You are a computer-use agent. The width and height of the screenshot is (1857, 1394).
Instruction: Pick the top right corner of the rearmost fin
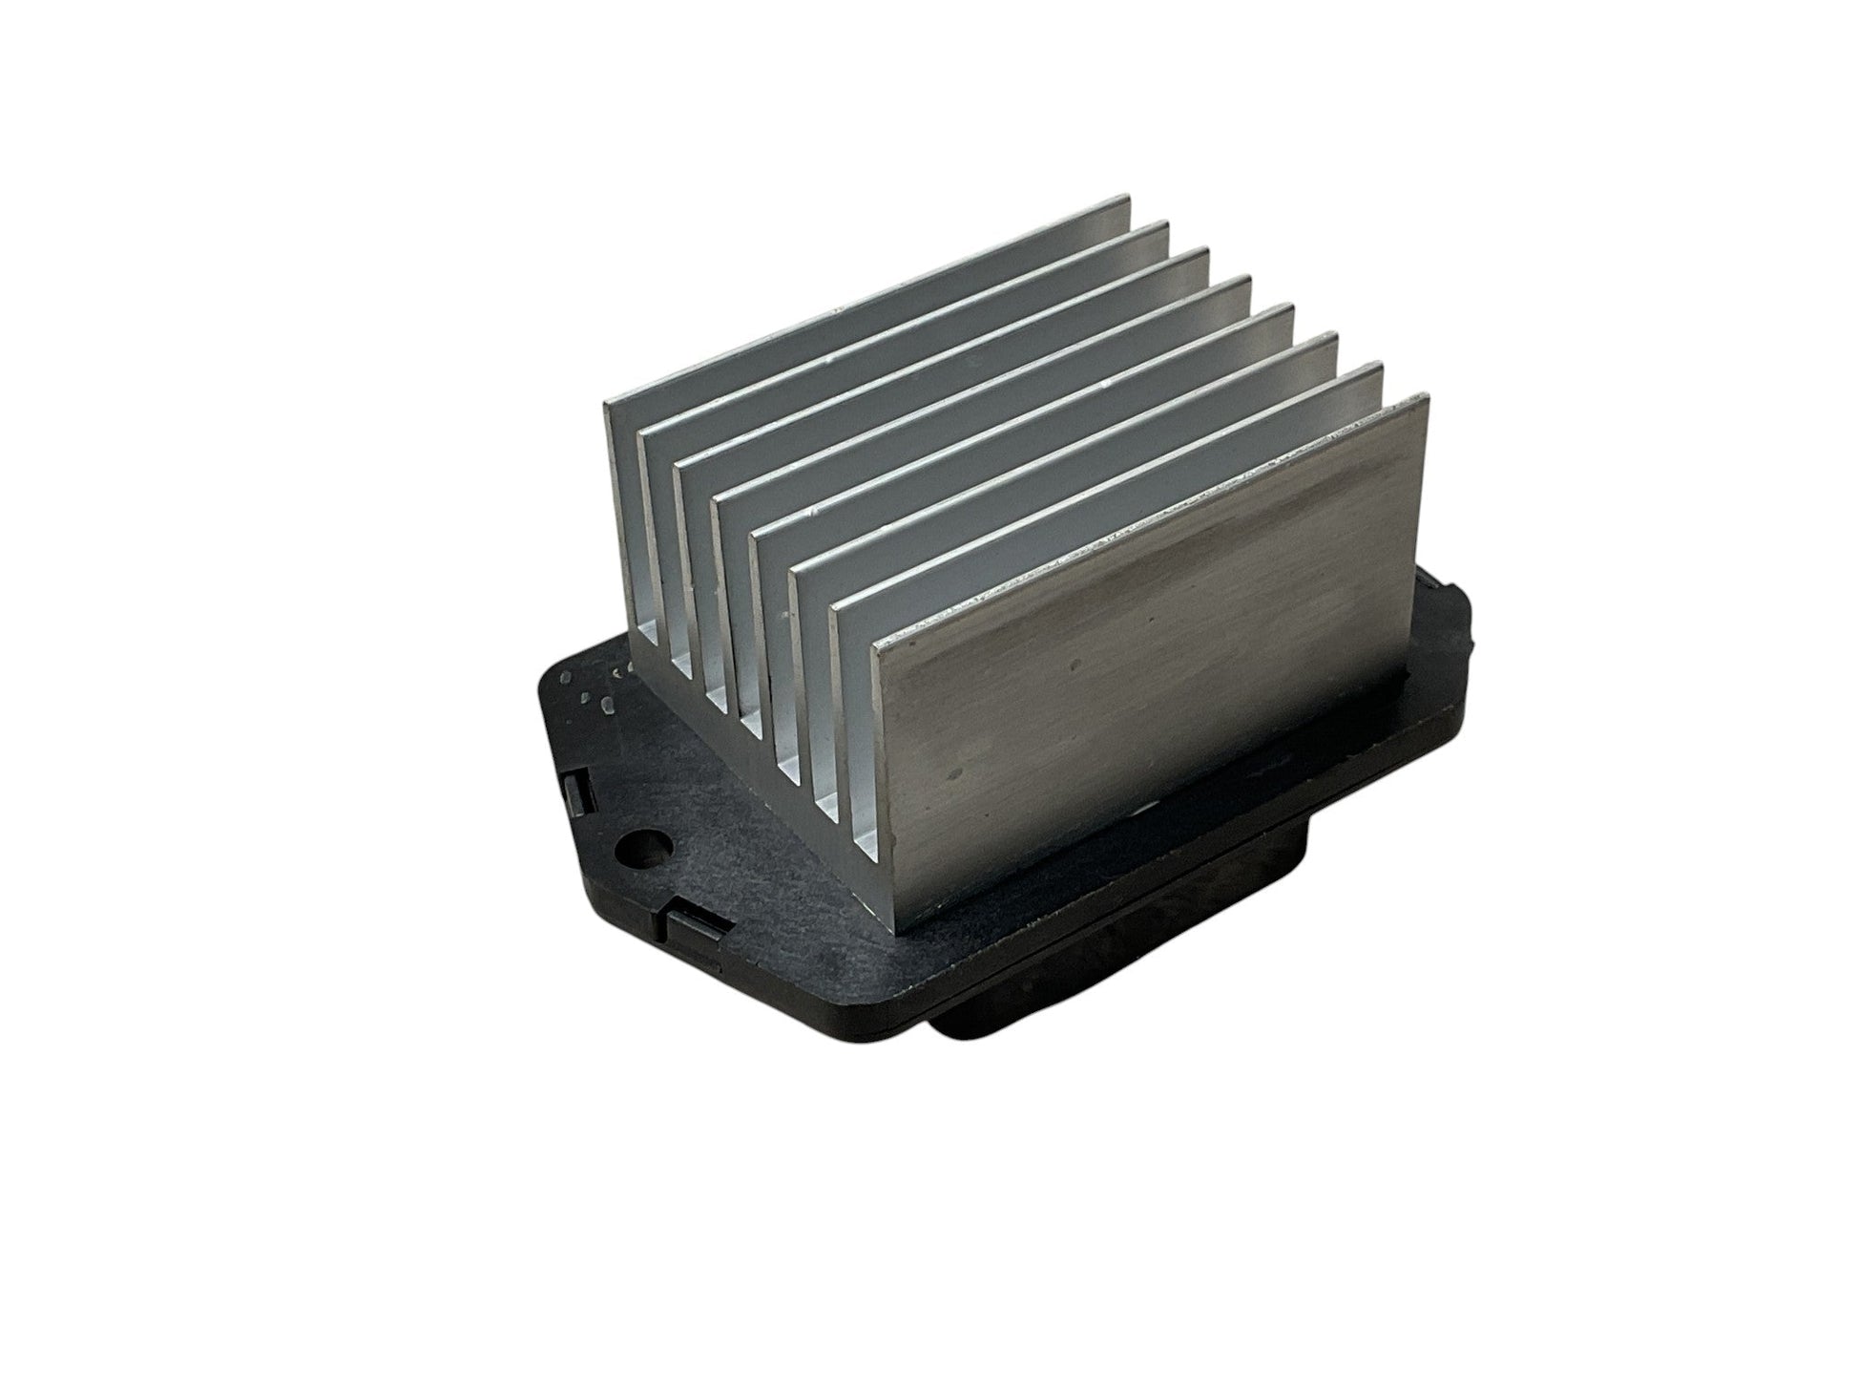point(1127,198)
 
